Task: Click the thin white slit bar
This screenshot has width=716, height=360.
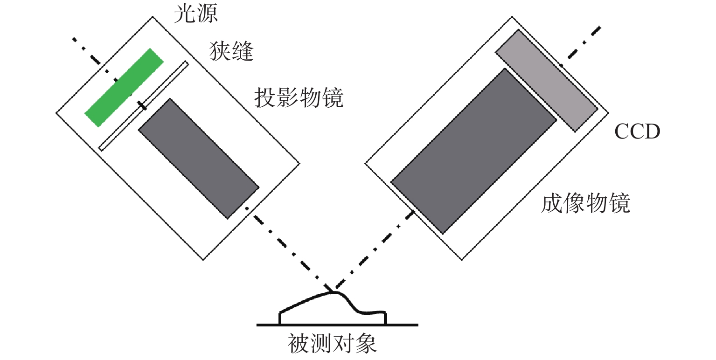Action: (144, 106)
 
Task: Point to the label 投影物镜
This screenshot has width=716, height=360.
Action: (299, 98)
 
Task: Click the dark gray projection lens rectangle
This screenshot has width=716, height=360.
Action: (199, 158)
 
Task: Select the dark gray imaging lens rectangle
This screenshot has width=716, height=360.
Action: (474, 150)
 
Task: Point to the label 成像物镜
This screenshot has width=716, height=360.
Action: (585, 204)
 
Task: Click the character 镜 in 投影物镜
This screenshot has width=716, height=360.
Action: (332, 98)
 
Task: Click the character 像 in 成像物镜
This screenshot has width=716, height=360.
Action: (574, 204)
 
